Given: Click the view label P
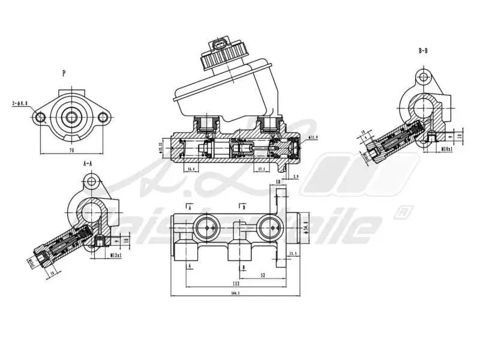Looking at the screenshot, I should pyautogui.click(x=64, y=73).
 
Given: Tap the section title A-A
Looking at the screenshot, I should pyautogui.click(x=88, y=163).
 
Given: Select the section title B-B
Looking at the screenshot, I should pyautogui.click(x=423, y=51).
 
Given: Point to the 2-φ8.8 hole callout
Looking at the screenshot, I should pyautogui.click(x=20, y=103).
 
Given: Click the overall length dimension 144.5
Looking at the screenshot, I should pyautogui.click(x=235, y=293).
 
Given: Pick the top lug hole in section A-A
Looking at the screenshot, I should pyautogui.click(x=91, y=181).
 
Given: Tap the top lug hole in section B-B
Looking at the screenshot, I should pyautogui.click(x=424, y=77).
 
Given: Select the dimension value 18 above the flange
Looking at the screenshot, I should pyautogui.click(x=278, y=181).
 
